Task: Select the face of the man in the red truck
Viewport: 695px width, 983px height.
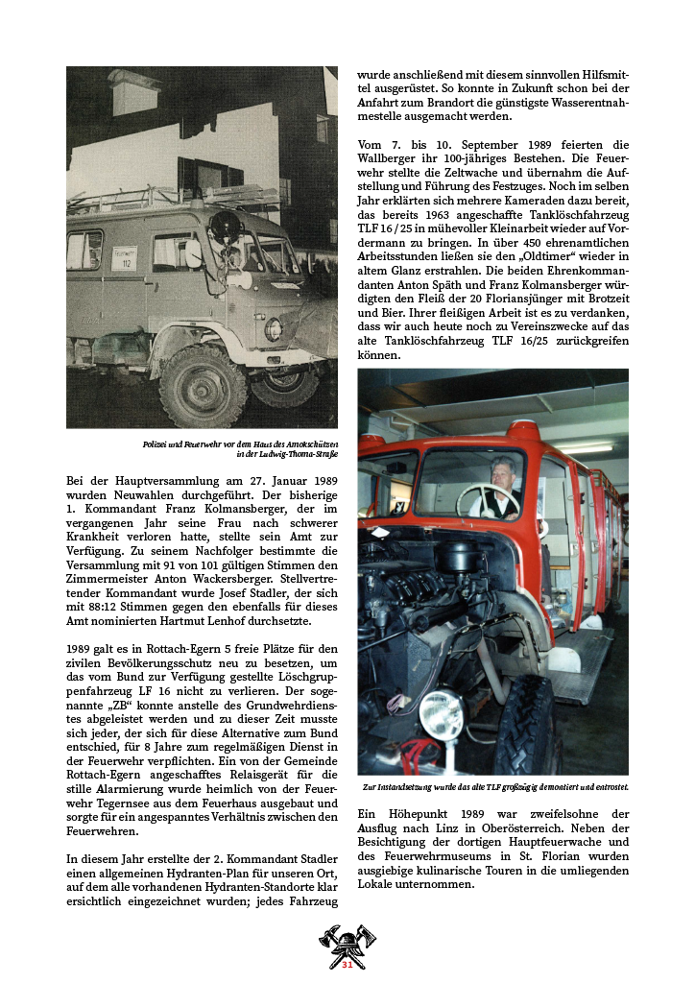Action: (501, 470)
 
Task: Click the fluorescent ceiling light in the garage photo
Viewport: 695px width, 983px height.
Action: (586, 447)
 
